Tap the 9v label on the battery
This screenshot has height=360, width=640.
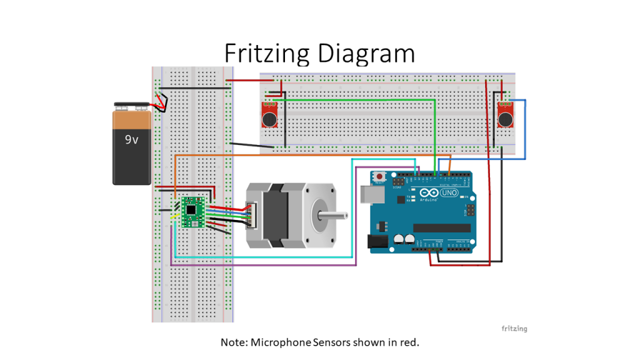point(131,140)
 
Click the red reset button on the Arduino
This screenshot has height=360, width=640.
point(380,177)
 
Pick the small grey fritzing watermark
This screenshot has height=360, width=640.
point(514,329)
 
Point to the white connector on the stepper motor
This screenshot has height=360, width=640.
point(251,216)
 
